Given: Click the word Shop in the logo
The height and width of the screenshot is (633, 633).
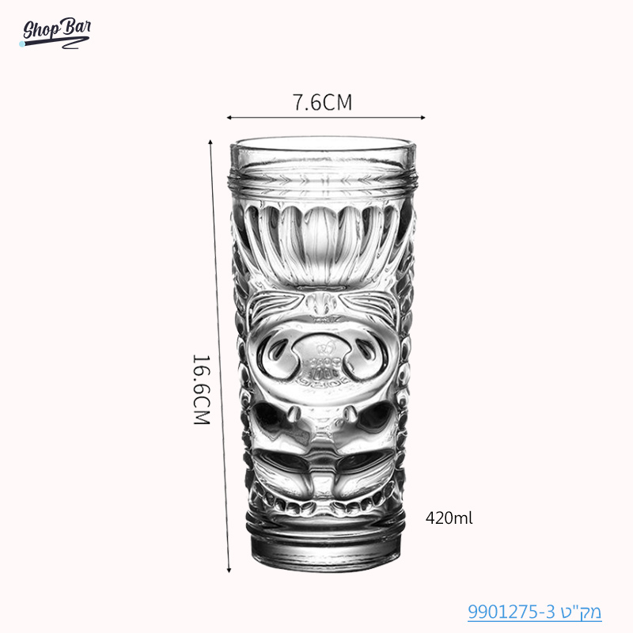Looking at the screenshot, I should (x=39, y=32).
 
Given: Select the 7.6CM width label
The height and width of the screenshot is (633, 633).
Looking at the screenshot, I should (x=322, y=102).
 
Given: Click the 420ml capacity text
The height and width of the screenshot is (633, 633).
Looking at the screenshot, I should (x=449, y=519).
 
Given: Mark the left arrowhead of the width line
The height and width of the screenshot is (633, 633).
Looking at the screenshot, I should (x=230, y=118).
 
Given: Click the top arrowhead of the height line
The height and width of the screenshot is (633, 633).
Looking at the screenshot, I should (x=210, y=142).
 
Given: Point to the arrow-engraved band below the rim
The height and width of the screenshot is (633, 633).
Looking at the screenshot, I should (x=321, y=181).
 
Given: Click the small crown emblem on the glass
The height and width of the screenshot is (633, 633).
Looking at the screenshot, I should (x=322, y=347).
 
